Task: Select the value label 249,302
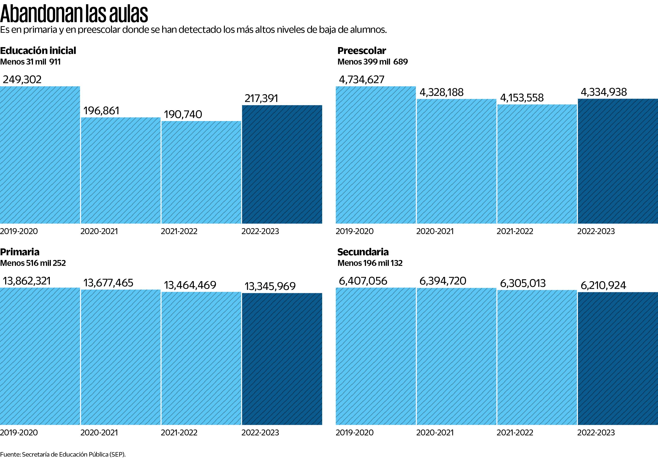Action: (x=22, y=79)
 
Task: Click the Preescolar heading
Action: (x=362, y=51)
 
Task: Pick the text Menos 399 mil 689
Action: (x=373, y=62)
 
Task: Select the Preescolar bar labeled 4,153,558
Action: (x=537, y=164)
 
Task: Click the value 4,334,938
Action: (x=604, y=92)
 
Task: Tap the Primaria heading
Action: (x=20, y=252)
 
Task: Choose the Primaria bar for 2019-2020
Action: (x=40, y=356)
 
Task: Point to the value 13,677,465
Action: (x=108, y=283)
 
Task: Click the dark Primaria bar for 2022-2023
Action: (x=282, y=359)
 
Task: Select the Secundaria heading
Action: (x=363, y=252)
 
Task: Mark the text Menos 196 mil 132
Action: (x=370, y=263)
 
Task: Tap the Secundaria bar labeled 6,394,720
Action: (x=456, y=356)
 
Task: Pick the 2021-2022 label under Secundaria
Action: (x=515, y=433)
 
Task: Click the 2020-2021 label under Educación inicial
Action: (x=99, y=231)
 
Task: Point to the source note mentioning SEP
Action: (x=63, y=454)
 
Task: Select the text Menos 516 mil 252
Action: (x=33, y=263)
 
